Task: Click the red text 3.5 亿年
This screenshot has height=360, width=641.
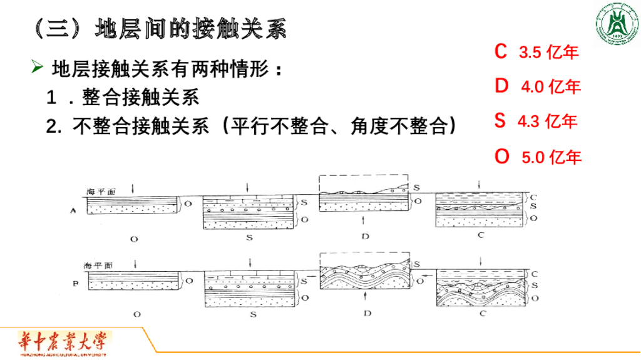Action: pos(549,53)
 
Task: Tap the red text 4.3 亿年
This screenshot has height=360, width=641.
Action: pos(547,121)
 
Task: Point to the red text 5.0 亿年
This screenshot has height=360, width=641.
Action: pos(551,157)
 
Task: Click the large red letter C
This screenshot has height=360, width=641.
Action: pos(500,51)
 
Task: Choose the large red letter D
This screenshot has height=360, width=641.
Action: pos(501,86)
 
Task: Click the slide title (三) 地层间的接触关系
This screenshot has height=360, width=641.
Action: pos(159,28)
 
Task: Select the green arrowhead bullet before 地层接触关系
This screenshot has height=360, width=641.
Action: pos(38,67)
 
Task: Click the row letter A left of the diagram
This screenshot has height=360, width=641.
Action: pos(74,211)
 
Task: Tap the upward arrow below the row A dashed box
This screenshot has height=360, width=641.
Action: pos(364,221)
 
